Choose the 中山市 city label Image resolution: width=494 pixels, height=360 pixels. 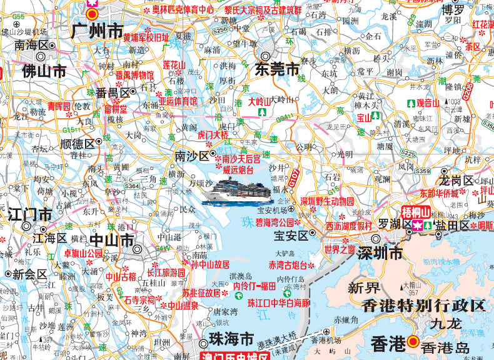point(112,240)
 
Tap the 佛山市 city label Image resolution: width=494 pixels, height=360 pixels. point(44,71)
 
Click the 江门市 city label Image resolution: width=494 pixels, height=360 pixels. point(31,214)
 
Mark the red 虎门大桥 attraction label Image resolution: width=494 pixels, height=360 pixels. point(213,134)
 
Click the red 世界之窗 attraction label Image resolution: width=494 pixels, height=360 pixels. point(340,249)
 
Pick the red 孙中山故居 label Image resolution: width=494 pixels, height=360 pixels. point(210,264)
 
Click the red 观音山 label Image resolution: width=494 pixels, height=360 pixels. point(428,102)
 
